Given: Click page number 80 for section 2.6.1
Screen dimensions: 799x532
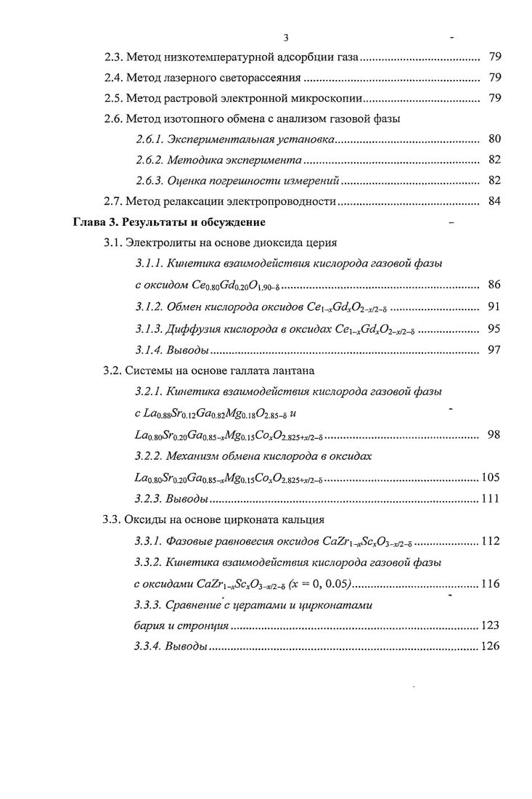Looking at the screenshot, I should click(x=494, y=139).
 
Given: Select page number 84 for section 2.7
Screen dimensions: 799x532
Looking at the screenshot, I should click(x=494, y=201).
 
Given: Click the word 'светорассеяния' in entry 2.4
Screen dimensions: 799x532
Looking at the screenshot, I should click(x=263, y=78).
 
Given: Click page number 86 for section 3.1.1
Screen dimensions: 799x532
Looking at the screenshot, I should click(x=494, y=284).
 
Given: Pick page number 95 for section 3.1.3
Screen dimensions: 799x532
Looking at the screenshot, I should click(x=494, y=328).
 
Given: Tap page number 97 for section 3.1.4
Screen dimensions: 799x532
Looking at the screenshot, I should click(x=494, y=350).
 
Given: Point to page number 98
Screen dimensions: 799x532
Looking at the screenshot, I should click(x=494, y=435).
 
